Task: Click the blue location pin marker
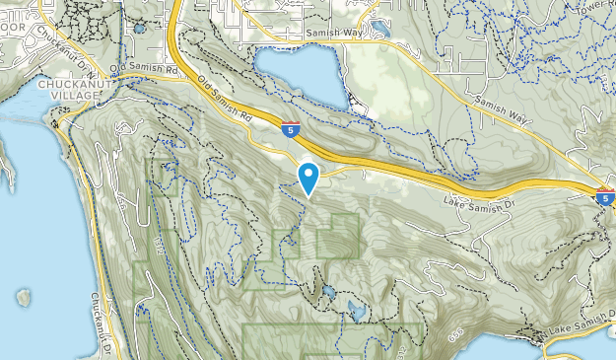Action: coord(309,177)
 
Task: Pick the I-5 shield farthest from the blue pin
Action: coord(605,196)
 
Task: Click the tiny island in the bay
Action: coord(23,296)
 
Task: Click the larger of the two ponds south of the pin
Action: coord(356,311)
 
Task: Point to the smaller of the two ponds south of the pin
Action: coord(325,293)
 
